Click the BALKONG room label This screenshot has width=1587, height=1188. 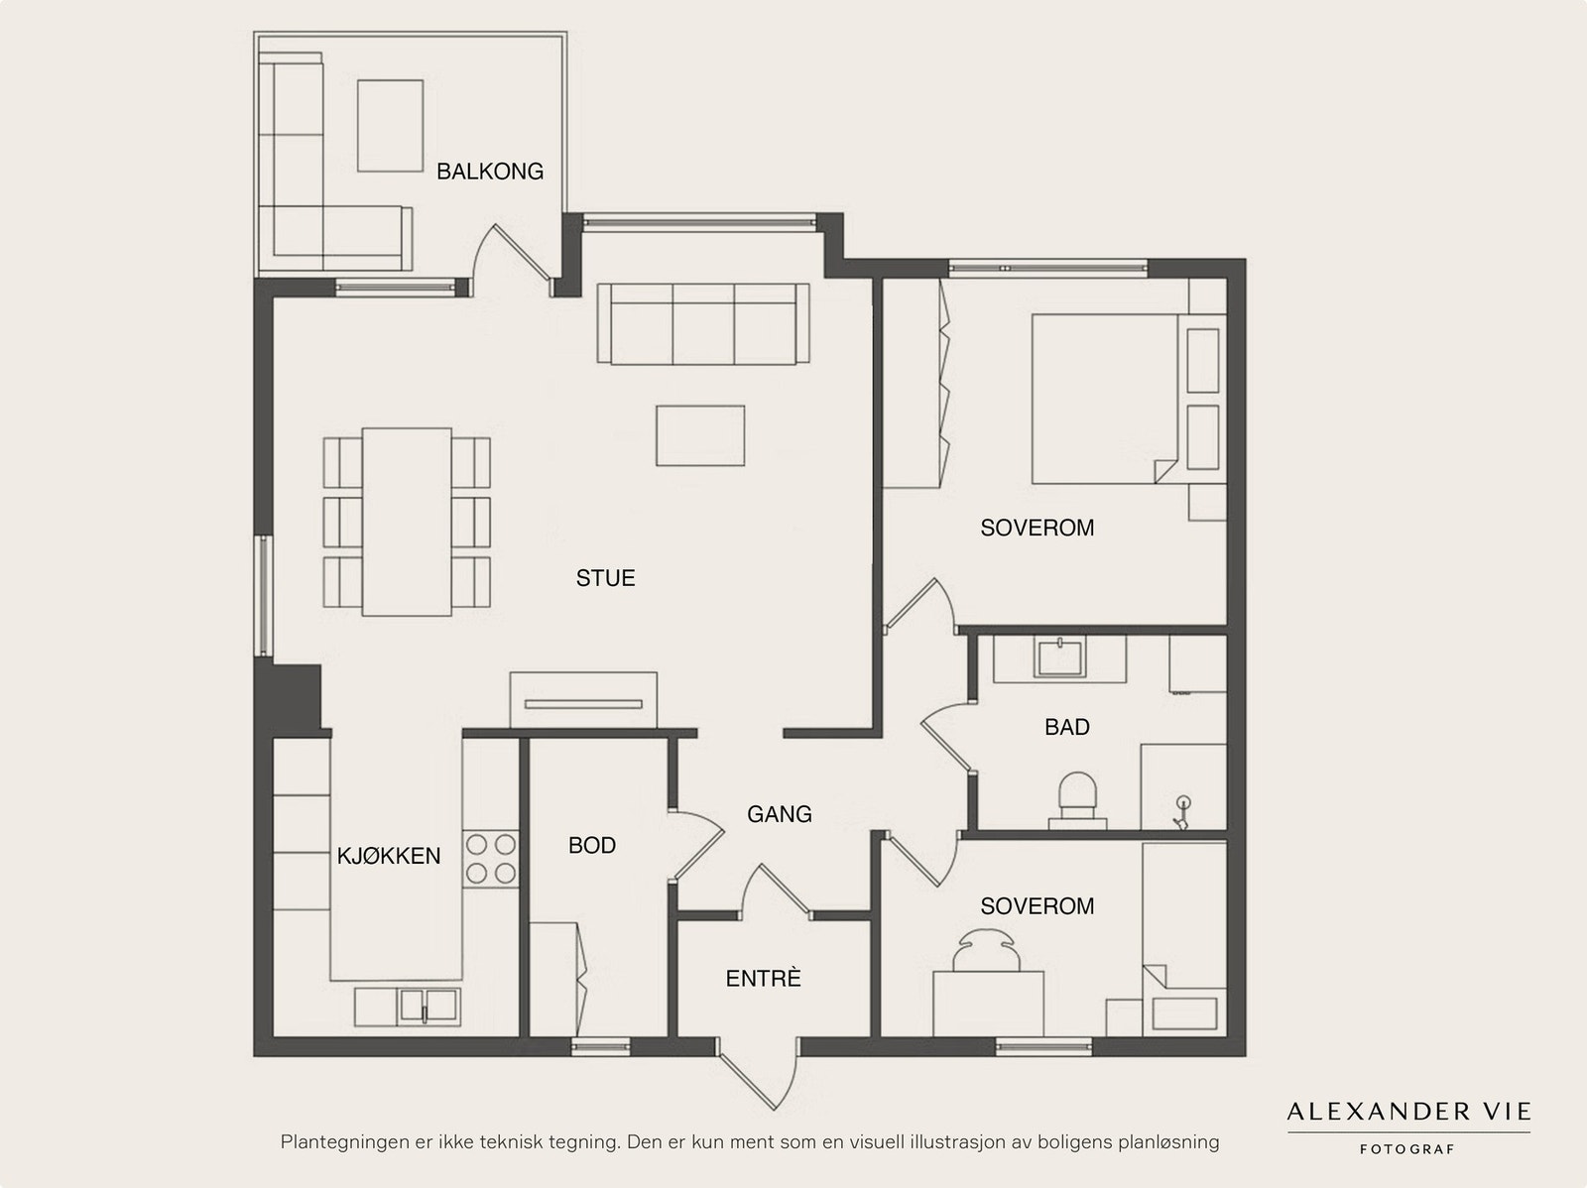(x=489, y=172)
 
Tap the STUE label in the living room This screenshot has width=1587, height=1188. (x=605, y=578)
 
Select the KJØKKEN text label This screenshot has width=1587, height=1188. (x=388, y=857)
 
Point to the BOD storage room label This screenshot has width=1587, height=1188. (x=591, y=846)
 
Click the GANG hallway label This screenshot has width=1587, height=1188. (x=779, y=814)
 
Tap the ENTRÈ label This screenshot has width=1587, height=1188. (x=763, y=979)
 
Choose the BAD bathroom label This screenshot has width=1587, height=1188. (x=1066, y=727)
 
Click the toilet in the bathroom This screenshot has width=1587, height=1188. (x=1077, y=800)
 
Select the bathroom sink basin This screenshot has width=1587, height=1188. (x=1059, y=657)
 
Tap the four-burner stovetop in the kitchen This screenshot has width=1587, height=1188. (x=491, y=859)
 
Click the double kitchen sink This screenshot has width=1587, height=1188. (x=427, y=1006)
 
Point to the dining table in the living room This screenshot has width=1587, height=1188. (x=407, y=522)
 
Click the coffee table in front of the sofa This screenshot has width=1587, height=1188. (x=700, y=435)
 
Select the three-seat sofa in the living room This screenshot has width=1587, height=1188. (x=703, y=323)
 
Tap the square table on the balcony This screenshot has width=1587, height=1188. (x=390, y=126)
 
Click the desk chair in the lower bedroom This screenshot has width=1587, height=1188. (x=987, y=951)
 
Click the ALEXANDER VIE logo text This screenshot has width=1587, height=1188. (x=1408, y=1111)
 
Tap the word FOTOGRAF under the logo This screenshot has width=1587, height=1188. (x=1406, y=1149)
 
